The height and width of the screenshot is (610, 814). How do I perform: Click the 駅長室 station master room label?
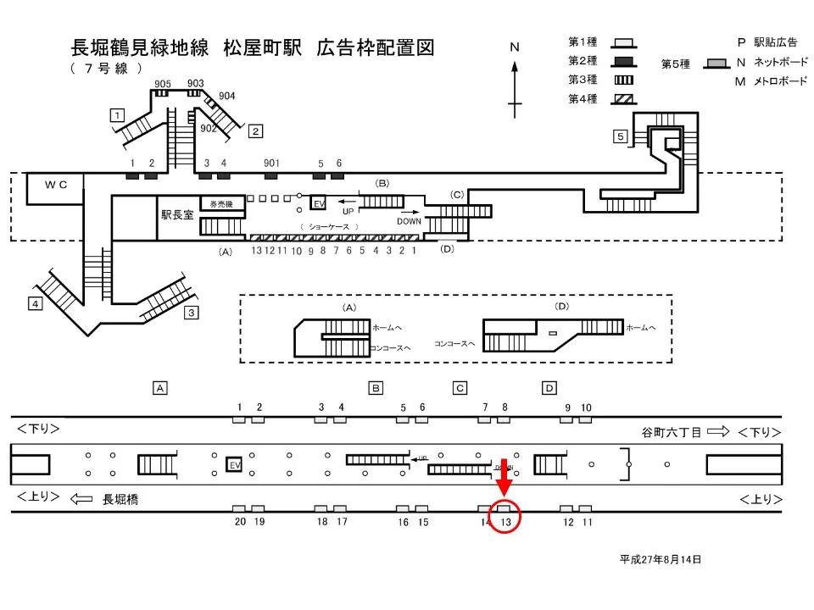177,215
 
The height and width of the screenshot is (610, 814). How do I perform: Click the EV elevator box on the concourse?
319,204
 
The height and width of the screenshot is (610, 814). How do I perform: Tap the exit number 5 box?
621,136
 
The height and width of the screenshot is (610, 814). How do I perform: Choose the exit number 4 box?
35,304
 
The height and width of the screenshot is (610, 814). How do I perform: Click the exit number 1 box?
118,114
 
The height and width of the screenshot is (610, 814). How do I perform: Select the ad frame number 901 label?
271,163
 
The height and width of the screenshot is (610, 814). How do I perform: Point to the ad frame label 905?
163,83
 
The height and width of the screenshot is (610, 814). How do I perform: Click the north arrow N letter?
514,48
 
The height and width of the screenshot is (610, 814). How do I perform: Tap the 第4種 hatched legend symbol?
624,98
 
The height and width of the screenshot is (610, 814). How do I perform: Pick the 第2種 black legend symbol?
624,61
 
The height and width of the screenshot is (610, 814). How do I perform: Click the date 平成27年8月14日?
661,559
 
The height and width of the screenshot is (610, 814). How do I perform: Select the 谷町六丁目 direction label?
671,432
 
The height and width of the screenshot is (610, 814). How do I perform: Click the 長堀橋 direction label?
120,500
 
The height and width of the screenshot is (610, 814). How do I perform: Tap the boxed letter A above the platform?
159,388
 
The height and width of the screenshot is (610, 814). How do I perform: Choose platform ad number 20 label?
240,522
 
